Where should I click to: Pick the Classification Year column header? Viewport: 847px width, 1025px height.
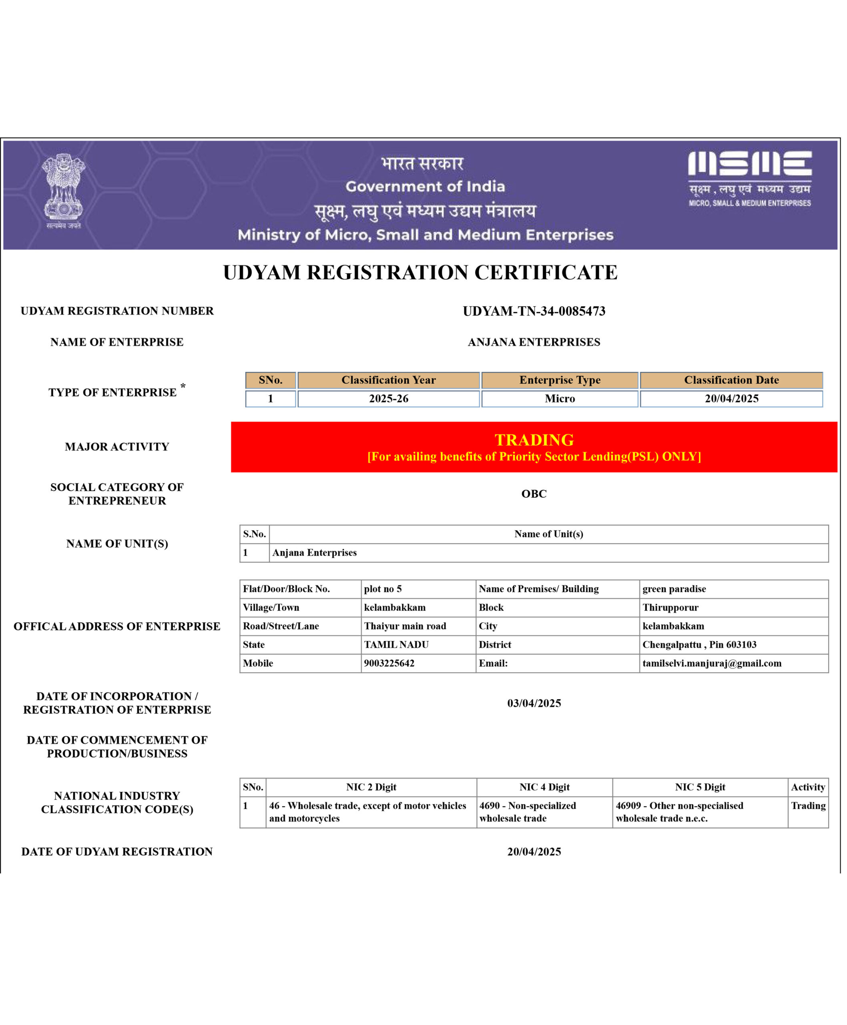(x=388, y=380)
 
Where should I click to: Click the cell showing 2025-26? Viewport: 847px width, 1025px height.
(x=388, y=398)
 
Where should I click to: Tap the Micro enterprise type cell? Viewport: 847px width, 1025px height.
(x=560, y=398)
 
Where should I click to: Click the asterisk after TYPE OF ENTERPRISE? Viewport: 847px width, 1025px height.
(x=183, y=386)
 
